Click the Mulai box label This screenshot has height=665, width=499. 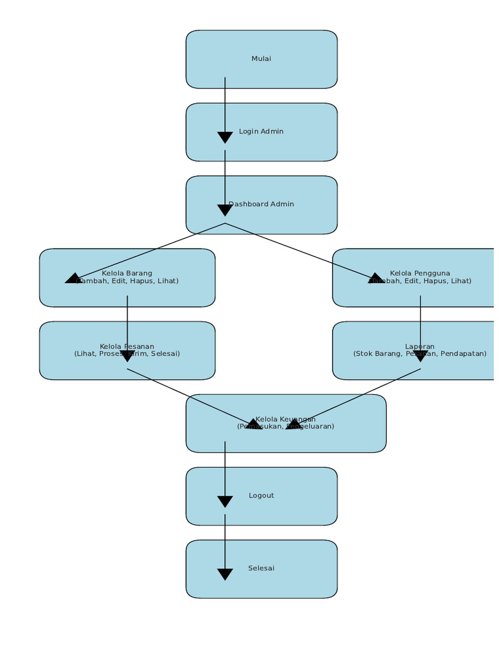(x=261, y=59)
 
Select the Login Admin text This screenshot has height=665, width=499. (x=261, y=132)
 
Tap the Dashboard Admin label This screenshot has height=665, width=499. (x=262, y=205)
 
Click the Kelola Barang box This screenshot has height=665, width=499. (x=127, y=278)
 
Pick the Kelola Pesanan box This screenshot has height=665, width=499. (x=127, y=351)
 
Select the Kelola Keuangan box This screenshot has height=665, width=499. (x=286, y=423)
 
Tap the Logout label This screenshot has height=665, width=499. (x=261, y=496)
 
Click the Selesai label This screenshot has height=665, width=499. (x=261, y=569)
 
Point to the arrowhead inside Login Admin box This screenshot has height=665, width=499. (x=225, y=137)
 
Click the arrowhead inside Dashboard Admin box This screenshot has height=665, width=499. (x=225, y=210)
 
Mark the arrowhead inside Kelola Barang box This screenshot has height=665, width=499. (x=73, y=279)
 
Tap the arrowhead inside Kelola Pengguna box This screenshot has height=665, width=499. (x=376, y=279)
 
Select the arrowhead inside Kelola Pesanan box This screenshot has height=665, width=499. (x=127, y=356)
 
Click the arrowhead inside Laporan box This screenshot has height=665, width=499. (x=420, y=356)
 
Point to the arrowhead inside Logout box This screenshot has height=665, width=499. (x=225, y=501)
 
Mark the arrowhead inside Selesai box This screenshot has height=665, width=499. (x=225, y=574)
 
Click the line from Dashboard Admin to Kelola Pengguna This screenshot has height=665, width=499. (x=299, y=251)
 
